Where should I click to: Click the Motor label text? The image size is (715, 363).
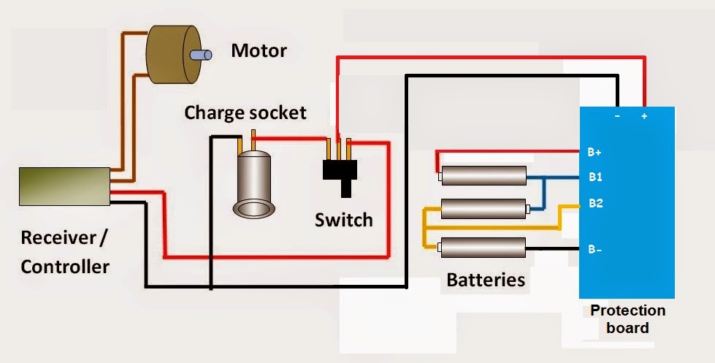[259, 50]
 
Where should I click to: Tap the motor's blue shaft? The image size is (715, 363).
[201, 56]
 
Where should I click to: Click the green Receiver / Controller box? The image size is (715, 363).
[65, 186]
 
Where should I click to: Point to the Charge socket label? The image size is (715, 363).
[245, 112]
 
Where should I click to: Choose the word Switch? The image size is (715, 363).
[344, 221]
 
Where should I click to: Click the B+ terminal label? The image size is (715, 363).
[594, 153]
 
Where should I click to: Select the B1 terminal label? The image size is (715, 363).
[595, 177]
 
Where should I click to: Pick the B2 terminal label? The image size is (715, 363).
[595, 203]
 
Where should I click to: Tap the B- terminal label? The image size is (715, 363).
[594, 250]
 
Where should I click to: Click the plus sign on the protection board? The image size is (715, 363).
[644, 116]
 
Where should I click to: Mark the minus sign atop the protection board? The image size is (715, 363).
[617, 116]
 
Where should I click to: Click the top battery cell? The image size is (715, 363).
[483, 175]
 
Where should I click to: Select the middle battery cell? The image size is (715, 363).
[485, 209]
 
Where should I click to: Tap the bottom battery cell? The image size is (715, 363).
[481, 248]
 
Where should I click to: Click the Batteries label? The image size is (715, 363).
[486, 280]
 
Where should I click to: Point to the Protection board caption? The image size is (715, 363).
[627, 319]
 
